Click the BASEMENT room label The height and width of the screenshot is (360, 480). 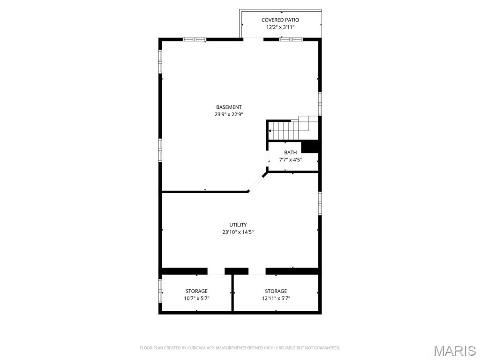point(229,107)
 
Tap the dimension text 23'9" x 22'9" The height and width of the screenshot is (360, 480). point(229,114)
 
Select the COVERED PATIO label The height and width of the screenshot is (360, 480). point(280,20)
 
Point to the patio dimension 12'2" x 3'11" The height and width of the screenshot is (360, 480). point(280,27)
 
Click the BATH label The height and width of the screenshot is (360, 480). point(290,153)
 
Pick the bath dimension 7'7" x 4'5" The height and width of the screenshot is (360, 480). point(290,160)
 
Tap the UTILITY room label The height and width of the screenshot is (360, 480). point(238,225)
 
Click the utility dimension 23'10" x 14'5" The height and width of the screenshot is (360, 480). point(238,232)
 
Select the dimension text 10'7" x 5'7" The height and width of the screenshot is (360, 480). point(196,298)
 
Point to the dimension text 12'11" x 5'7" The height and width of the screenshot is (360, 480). point(276,298)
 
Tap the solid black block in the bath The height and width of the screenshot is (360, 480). point(310,147)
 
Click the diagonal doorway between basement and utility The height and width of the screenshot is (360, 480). point(256,183)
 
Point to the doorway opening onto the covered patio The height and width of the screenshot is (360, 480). point(253,39)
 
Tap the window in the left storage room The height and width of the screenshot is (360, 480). point(160,291)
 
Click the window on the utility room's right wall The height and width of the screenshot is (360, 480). point(320,203)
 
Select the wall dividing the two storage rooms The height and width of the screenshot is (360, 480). point(232,293)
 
